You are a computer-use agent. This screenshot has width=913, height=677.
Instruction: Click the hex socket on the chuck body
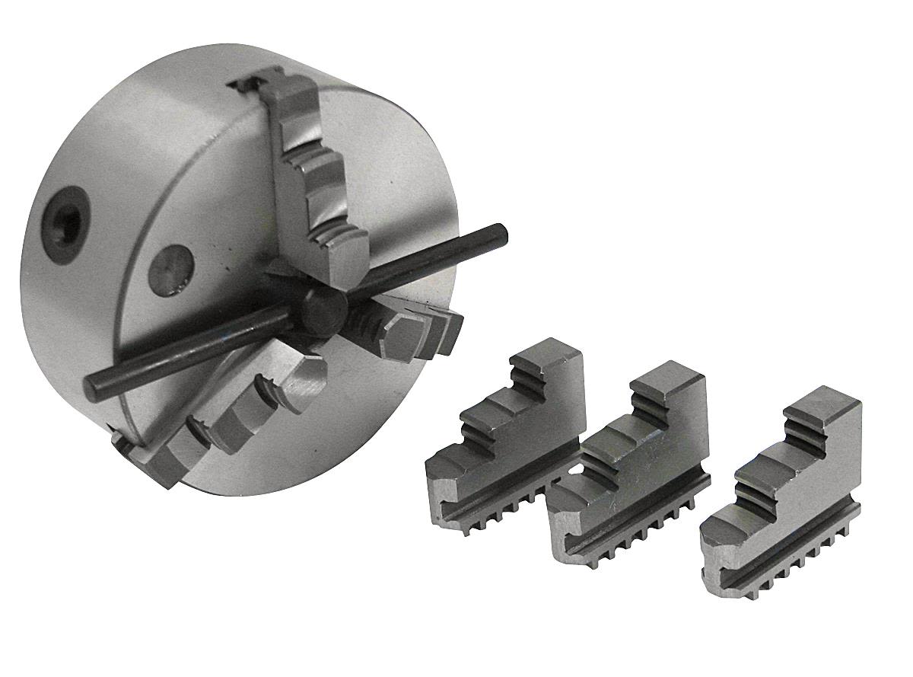pos(65,222)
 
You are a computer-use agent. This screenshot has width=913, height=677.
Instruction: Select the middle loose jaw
pos(631,472)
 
